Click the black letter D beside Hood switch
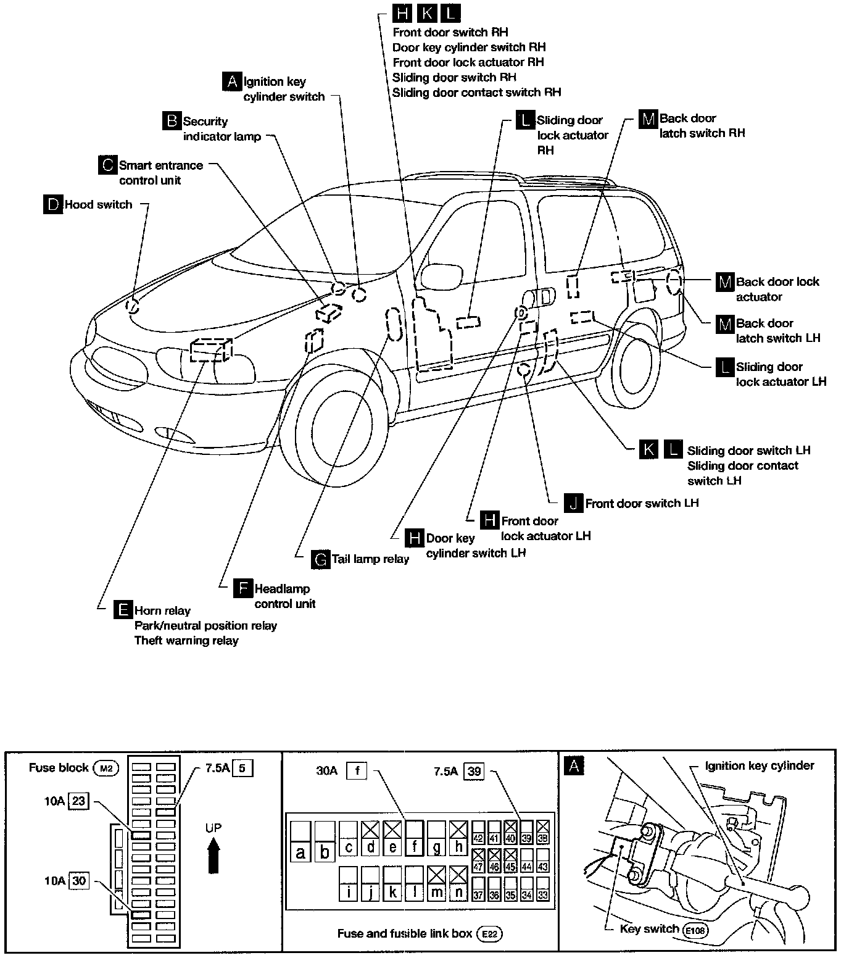pyautogui.click(x=53, y=204)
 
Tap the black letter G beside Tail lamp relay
pyautogui.click(x=321, y=559)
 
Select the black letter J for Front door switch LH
pyautogui.click(x=574, y=503)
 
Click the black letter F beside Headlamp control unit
pyautogui.click(x=243, y=588)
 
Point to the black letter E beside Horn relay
pyautogui.click(x=123, y=610)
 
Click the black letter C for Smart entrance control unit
pyautogui.click(x=107, y=165)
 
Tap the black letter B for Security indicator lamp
pyautogui.click(x=172, y=121)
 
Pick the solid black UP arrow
pyautogui.click(x=213, y=857)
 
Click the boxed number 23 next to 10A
pyautogui.click(x=79, y=802)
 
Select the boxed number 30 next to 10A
pyautogui.click(x=79, y=881)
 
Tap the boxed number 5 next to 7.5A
pyautogui.click(x=242, y=768)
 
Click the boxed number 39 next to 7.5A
pyautogui.click(x=474, y=771)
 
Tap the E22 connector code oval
pyautogui.click(x=489, y=934)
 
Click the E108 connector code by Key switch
pyautogui.click(x=695, y=929)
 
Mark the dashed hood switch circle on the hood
pyautogui.click(x=133, y=306)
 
